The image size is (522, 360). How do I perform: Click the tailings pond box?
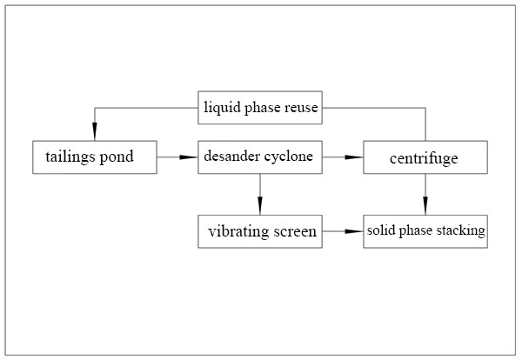pyautogui.click(x=95, y=157)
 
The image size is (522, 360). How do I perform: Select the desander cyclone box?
pyautogui.click(x=259, y=157)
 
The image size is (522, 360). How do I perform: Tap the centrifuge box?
pyautogui.click(x=425, y=157)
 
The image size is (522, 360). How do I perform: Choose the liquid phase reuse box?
pyautogui.click(x=259, y=108)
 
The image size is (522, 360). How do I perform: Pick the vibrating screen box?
pyautogui.click(x=259, y=231)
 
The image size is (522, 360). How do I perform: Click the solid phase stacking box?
pyautogui.click(x=425, y=231)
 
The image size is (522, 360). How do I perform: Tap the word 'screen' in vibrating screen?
pyautogui.click(x=294, y=232)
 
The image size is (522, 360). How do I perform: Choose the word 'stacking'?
pyautogui.click(x=464, y=232)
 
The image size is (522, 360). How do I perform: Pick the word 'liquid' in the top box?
pyautogui.click(x=219, y=109)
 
